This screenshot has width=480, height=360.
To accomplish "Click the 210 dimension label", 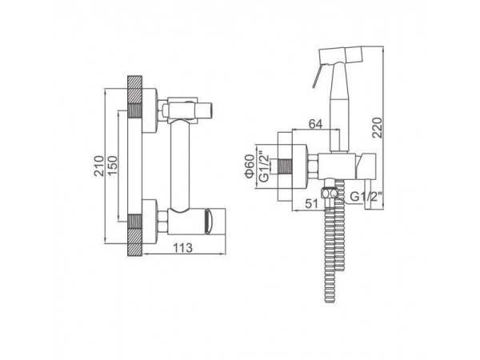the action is [98, 166].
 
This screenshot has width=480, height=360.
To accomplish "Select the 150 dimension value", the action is [112, 166].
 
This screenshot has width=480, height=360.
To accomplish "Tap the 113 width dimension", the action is [183, 248].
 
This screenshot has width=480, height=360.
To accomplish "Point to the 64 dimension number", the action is [316, 124].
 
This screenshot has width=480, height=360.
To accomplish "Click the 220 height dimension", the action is [377, 128].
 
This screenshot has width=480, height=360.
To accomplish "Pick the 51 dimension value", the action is [312, 203].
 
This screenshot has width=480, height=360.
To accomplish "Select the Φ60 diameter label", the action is [250, 166].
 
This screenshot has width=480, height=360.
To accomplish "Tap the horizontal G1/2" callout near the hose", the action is [366, 196].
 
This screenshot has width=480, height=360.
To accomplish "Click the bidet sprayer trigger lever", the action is [317, 77].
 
